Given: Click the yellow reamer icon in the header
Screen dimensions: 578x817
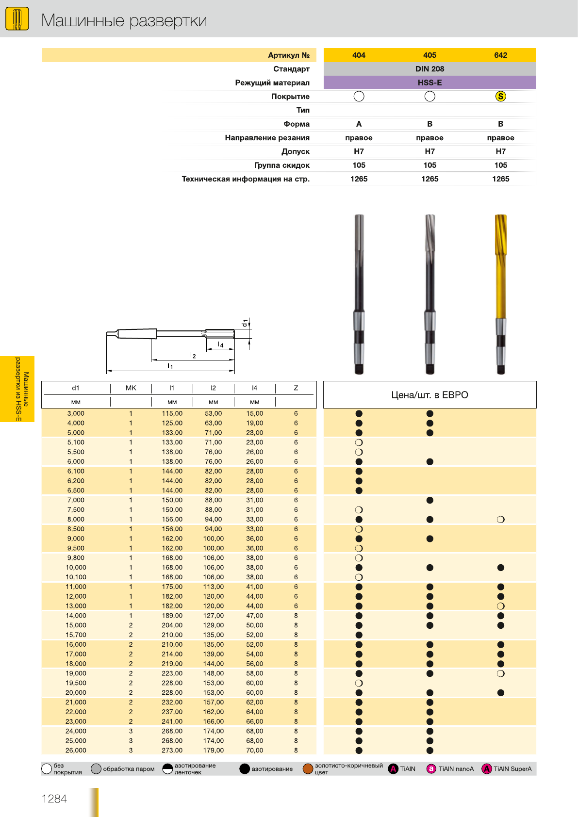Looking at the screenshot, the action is (x=17, y=18).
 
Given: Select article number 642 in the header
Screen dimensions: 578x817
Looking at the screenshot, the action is (x=500, y=55).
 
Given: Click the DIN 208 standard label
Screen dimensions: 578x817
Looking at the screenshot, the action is (x=429, y=69).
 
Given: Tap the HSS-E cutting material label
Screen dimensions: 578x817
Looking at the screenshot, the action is (x=429, y=83).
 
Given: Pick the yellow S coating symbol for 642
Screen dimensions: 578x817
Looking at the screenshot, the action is (x=501, y=96).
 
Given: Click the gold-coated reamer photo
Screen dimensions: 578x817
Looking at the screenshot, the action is (x=501, y=294).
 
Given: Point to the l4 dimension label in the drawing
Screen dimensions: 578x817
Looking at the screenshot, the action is (x=220, y=344).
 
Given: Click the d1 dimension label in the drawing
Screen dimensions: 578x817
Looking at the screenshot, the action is (x=245, y=323).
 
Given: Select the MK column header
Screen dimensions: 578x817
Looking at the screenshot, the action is (x=131, y=388).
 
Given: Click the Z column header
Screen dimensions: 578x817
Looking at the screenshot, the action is (x=296, y=388).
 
